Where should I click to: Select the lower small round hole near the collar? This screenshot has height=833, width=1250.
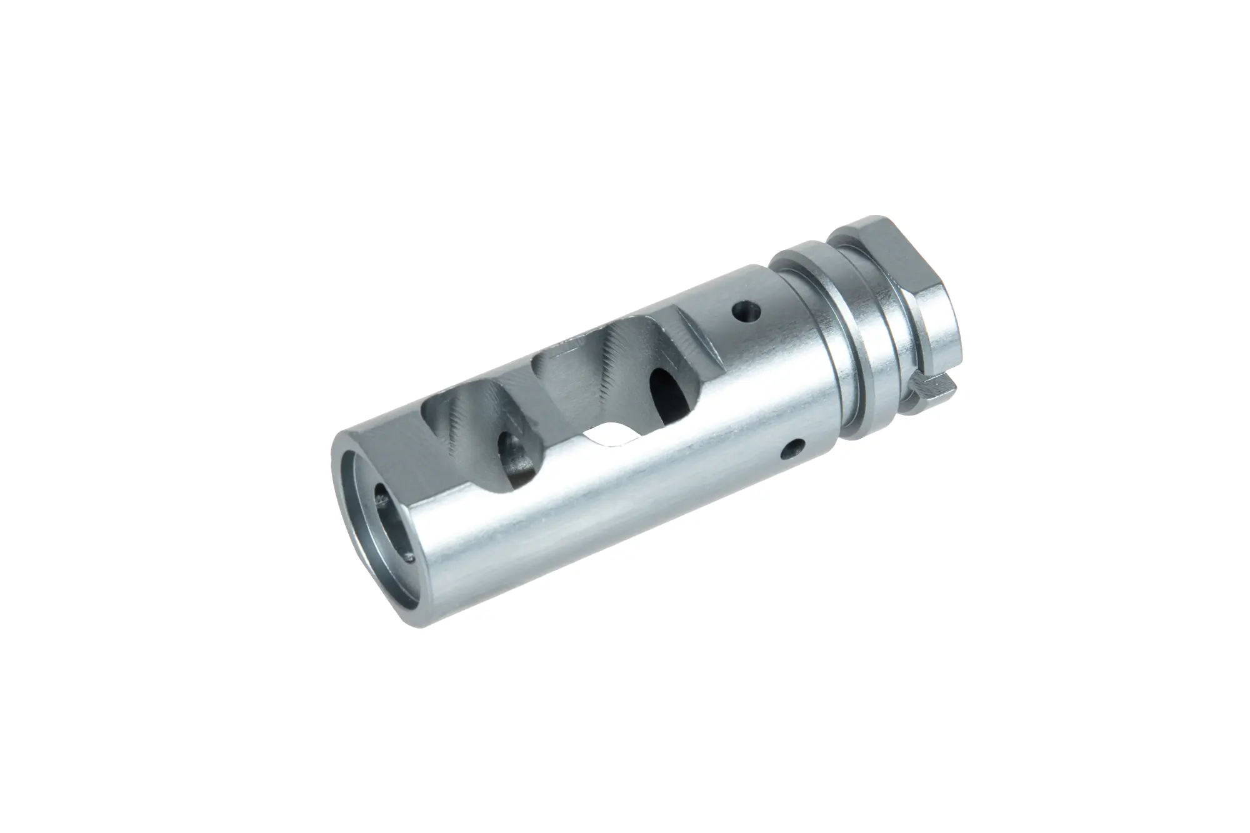pyautogui.click(x=794, y=446)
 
